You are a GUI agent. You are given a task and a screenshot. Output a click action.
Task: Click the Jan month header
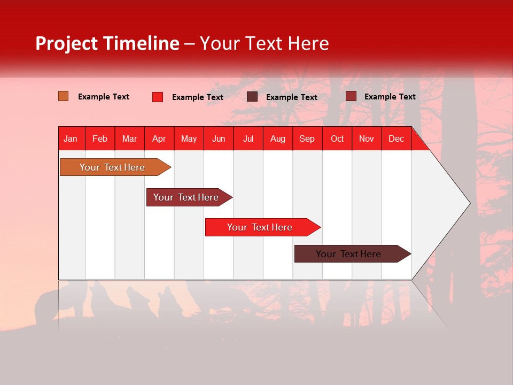(71, 138)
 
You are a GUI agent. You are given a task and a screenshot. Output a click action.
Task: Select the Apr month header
(159, 138)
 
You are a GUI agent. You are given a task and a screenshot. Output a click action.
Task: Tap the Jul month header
(248, 138)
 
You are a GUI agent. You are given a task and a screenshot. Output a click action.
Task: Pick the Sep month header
(307, 138)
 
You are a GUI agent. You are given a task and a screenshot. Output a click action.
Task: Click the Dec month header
(396, 138)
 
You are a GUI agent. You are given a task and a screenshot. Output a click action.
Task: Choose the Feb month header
(100, 138)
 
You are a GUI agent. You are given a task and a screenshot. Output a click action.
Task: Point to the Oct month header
(337, 138)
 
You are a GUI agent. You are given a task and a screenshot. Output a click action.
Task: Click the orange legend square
(64, 96)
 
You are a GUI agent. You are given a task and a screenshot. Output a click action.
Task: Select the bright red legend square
(158, 97)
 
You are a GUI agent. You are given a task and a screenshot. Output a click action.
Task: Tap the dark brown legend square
(252, 97)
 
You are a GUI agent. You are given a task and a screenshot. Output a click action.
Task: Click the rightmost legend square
(351, 96)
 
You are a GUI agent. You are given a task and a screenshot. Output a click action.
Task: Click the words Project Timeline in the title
(107, 43)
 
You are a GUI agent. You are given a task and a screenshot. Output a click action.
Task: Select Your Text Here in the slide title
(264, 43)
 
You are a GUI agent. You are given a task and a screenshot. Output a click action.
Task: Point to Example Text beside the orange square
(104, 97)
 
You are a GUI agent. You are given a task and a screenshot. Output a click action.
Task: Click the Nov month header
(367, 138)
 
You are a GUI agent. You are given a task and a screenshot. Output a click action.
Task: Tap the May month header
(189, 138)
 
